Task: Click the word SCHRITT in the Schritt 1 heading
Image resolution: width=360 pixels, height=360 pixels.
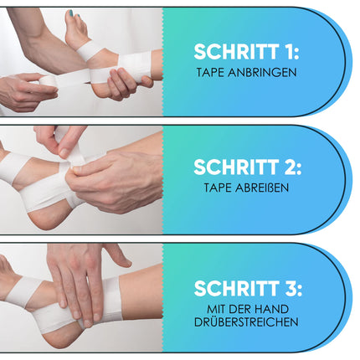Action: pos(236,52)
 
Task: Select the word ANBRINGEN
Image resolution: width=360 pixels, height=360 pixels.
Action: pos(262,73)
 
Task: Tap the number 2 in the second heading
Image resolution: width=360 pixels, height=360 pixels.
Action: pos(291,167)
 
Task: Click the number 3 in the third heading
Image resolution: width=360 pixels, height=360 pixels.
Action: pos(291,288)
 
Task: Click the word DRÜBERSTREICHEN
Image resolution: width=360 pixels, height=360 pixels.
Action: pos(246,322)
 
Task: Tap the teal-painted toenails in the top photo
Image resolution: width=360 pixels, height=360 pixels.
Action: pos(72,13)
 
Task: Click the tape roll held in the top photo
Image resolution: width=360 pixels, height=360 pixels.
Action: pos(48,80)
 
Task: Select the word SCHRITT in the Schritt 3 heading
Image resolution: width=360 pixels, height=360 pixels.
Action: pos(237,288)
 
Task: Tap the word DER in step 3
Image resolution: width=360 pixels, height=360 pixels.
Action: pos(240,309)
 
